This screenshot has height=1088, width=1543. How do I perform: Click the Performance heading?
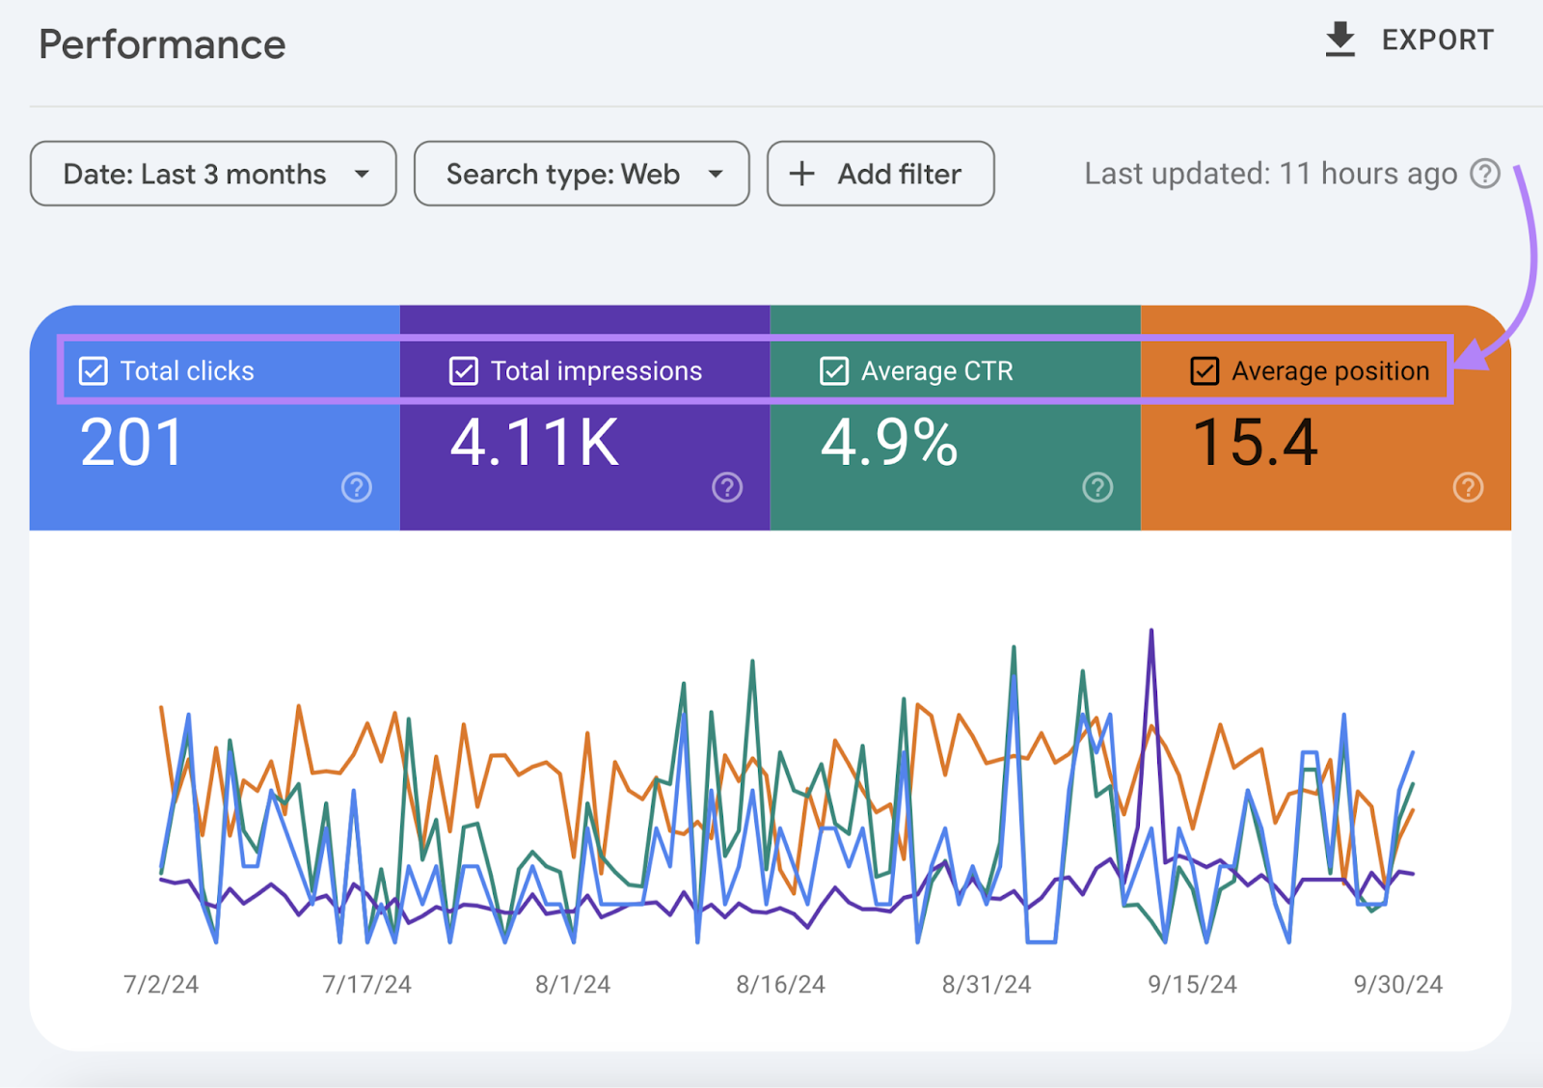click(162, 45)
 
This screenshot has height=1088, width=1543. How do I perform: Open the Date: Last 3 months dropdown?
click(213, 174)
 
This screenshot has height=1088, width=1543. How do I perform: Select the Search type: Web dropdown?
click(582, 174)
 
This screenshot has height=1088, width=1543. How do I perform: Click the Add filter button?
click(880, 174)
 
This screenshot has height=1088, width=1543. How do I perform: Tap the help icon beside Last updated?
click(1485, 174)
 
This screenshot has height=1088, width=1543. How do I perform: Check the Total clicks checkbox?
click(94, 371)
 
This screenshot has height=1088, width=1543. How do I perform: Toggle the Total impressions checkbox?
click(464, 371)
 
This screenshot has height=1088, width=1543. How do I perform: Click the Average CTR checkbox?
click(834, 371)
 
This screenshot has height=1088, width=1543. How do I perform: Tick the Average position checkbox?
click(1205, 371)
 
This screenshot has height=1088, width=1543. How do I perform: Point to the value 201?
click(132, 443)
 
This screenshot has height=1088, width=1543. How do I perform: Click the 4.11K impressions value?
click(535, 443)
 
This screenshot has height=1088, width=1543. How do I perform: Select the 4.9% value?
click(889, 443)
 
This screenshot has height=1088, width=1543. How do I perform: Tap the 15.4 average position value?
click(1256, 443)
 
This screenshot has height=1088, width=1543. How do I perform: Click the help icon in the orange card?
click(1468, 487)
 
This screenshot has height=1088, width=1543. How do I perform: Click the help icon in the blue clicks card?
click(357, 487)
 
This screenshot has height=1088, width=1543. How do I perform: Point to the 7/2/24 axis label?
click(161, 985)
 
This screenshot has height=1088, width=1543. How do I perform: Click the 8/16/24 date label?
click(780, 985)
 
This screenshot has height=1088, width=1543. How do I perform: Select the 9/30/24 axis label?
click(1397, 985)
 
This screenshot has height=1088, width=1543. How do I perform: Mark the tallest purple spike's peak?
click(1151, 632)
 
